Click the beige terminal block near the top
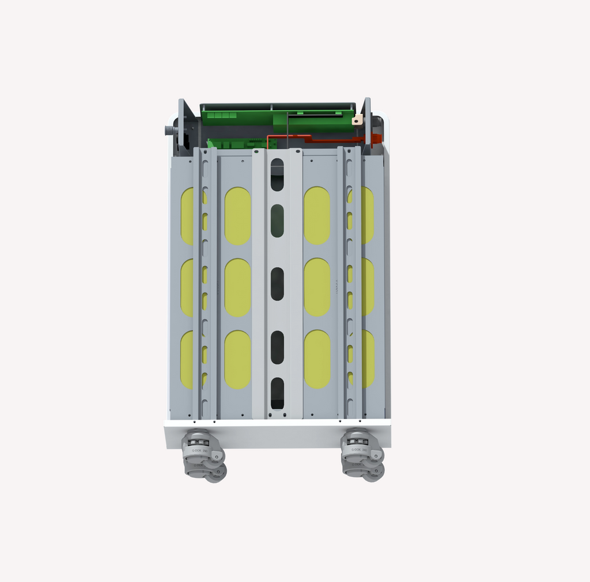click(357, 120)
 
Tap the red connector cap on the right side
click(376, 138)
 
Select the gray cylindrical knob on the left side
click(171, 131)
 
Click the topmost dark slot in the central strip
click(277, 175)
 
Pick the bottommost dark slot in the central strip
click(277, 393)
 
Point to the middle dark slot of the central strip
click(277, 284)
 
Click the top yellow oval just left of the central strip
click(237, 216)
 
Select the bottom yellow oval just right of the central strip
click(317, 359)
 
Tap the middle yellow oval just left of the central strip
click(237, 287)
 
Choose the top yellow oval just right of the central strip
click(317, 216)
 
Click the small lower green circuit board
click(241, 143)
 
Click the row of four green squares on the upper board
click(222, 116)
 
